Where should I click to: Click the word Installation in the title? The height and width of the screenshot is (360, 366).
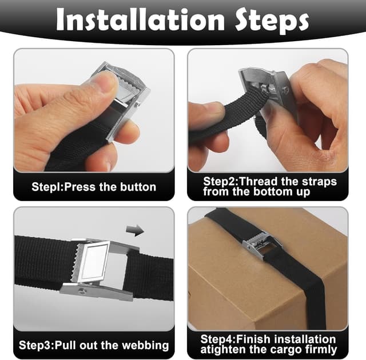(x=140, y=20)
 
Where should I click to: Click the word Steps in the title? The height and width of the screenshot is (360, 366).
(x=272, y=22)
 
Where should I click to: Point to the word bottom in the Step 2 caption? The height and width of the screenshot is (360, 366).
(x=270, y=191)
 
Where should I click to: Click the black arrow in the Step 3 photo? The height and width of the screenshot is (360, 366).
(x=135, y=230)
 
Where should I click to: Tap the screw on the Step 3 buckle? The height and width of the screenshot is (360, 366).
(x=82, y=290)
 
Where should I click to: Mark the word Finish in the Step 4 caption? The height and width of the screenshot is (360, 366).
(x=254, y=339)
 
